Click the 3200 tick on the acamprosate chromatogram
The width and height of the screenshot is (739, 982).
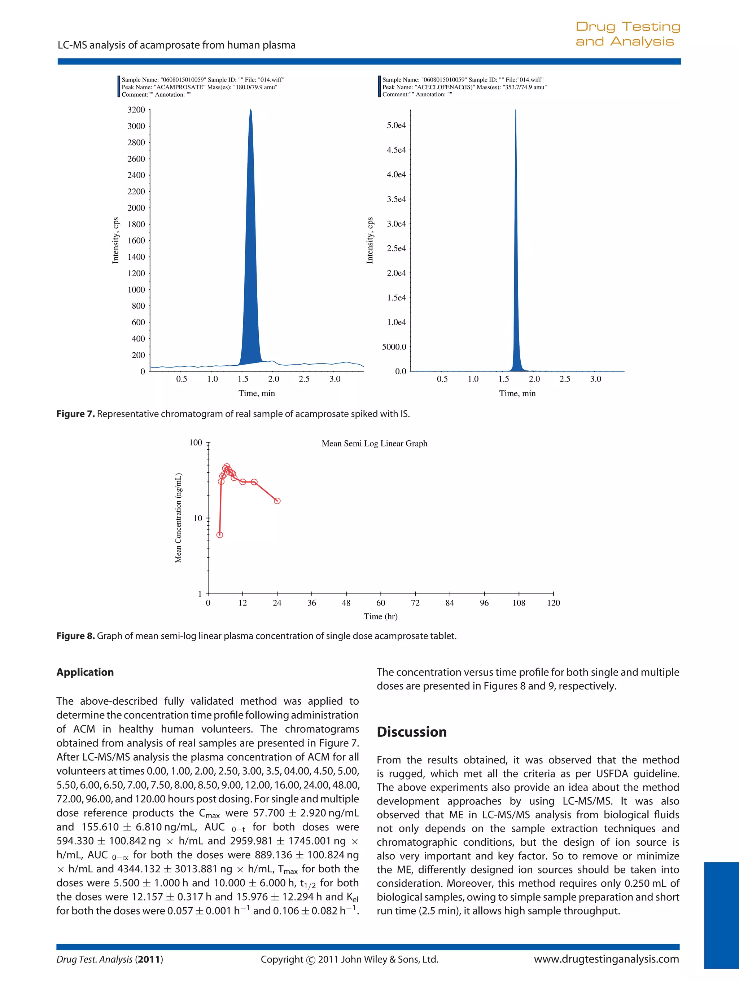pyautogui.click(x=136, y=110)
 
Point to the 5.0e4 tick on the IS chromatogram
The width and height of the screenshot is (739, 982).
pyautogui.click(x=396, y=125)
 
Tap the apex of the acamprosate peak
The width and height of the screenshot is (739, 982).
pyautogui.click(x=250, y=110)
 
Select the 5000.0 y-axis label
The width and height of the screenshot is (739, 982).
pyautogui.click(x=394, y=347)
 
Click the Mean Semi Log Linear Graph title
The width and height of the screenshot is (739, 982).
pyautogui.click(x=375, y=444)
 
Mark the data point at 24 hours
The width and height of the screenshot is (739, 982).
pyautogui.click(x=277, y=501)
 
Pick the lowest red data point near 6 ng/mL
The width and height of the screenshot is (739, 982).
pyautogui.click(x=219, y=535)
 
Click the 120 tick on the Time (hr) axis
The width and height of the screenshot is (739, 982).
pyautogui.click(x=554, y=603)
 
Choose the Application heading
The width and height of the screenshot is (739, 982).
pyautogui.click(x=85, y=672)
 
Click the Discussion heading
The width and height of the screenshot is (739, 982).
pyautogui.click(x=411, y=732)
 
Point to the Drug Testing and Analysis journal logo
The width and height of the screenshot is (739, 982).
pyautogui.click(x=627, y=34)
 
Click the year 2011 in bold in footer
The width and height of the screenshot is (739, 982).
pyautogui.click(x=149, y=959)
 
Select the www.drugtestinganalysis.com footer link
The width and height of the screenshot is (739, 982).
pyautogui.click(x=606, y=959)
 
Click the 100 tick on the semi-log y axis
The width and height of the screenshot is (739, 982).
pyautogui.click(x=196, y=442)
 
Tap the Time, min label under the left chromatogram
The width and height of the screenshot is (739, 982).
pyautogui.click(x=257, y=393)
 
